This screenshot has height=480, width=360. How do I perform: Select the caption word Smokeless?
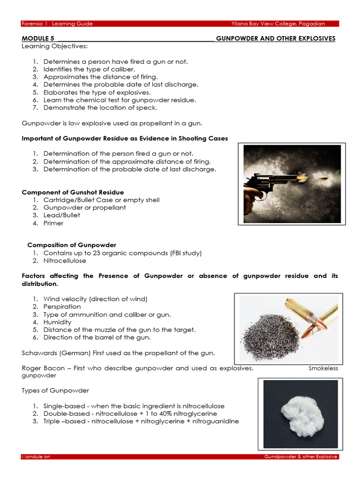pos(323,368)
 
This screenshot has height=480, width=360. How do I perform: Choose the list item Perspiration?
pos(62,307)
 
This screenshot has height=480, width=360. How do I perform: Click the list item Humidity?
pos(57,322)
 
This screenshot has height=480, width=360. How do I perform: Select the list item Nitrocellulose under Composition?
pos(65,261)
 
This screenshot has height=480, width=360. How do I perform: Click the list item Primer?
pos(53,223)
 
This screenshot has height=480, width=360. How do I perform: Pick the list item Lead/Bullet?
pos(62,215)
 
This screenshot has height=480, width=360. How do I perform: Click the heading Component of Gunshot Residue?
pos(73,192)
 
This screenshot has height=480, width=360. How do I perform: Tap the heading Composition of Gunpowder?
pos(72,245)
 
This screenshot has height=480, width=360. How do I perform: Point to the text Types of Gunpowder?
pos(55,390)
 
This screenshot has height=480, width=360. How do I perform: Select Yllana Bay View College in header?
pos(278,23)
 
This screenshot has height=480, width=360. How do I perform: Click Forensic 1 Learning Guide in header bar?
pos(58,23)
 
